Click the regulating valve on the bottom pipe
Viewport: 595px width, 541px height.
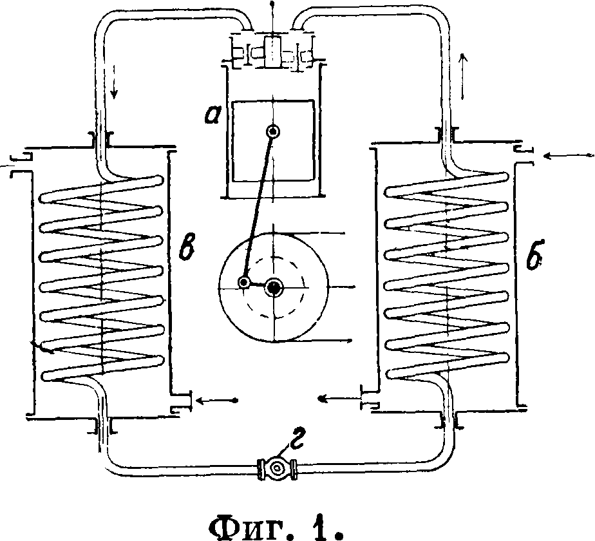(x=276, y=468)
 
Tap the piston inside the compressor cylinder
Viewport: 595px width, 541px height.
(x=274, y=140)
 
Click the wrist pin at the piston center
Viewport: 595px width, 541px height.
(x=274, y=131)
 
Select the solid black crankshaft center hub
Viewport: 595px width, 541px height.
(x=276, y=287)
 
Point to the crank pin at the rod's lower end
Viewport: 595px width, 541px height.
(x=244, y=282)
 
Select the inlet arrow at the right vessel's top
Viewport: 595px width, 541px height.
(x=567, y=155)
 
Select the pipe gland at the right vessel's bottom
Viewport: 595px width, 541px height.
(x=449, y=421)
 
